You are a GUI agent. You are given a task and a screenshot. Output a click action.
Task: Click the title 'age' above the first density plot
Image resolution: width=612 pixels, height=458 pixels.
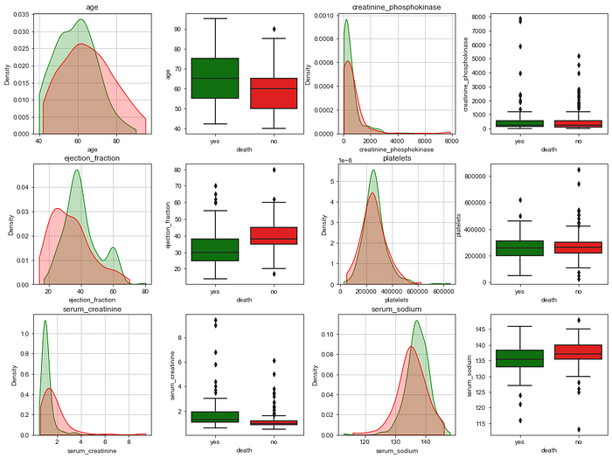(92, 8)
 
